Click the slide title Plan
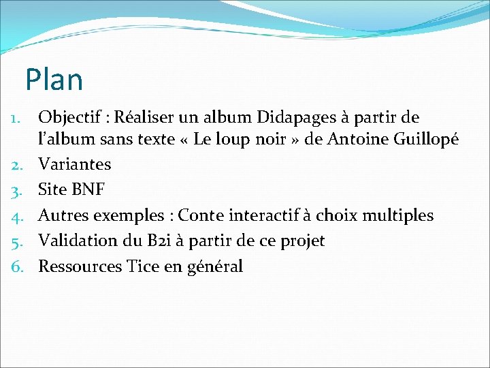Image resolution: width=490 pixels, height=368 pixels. click(54, 80)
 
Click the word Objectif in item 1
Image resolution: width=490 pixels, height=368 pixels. click(70, 118)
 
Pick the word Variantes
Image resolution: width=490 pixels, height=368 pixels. click(74, 164)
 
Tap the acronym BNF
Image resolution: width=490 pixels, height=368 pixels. click(86, 189)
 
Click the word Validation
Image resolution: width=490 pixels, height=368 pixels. click(76, 241)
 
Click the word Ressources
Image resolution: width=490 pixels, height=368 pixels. click(80, 266)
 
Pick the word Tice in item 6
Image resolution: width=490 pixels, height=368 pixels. click(143, 266)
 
